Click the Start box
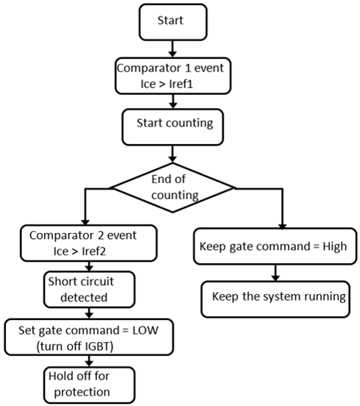point(173,22)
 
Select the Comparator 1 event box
point(173,76)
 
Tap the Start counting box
point(172,127)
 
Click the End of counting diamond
point(173,188)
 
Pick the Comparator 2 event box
point(88,243)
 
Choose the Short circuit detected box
point(89,290)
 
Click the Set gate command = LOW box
point(89,337)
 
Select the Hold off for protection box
point(89,385)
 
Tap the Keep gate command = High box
point(275,246)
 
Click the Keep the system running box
point(275,299)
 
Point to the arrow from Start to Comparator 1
point(172,49)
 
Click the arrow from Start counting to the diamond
point(172,154)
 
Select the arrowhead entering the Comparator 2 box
point(85,222)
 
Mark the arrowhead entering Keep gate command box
point(282,226)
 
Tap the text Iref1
point(181,84)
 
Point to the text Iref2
point(93,252)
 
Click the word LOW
point(145,330)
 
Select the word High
point(334,246)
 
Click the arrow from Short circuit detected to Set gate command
point(89,313)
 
